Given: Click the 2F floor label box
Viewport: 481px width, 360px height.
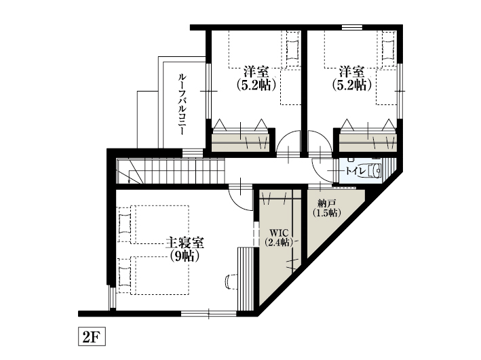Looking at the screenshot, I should coord(90,336).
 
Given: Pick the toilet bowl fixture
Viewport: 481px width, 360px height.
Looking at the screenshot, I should coord(374,171).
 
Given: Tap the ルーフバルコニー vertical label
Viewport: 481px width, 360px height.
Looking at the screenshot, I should coord(182,104).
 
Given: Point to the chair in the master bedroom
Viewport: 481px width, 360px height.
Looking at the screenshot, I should coord(229,280).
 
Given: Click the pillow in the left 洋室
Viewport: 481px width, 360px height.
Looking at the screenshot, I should coord(292,49).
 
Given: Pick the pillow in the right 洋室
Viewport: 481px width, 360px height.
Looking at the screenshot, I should coord(388,49).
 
